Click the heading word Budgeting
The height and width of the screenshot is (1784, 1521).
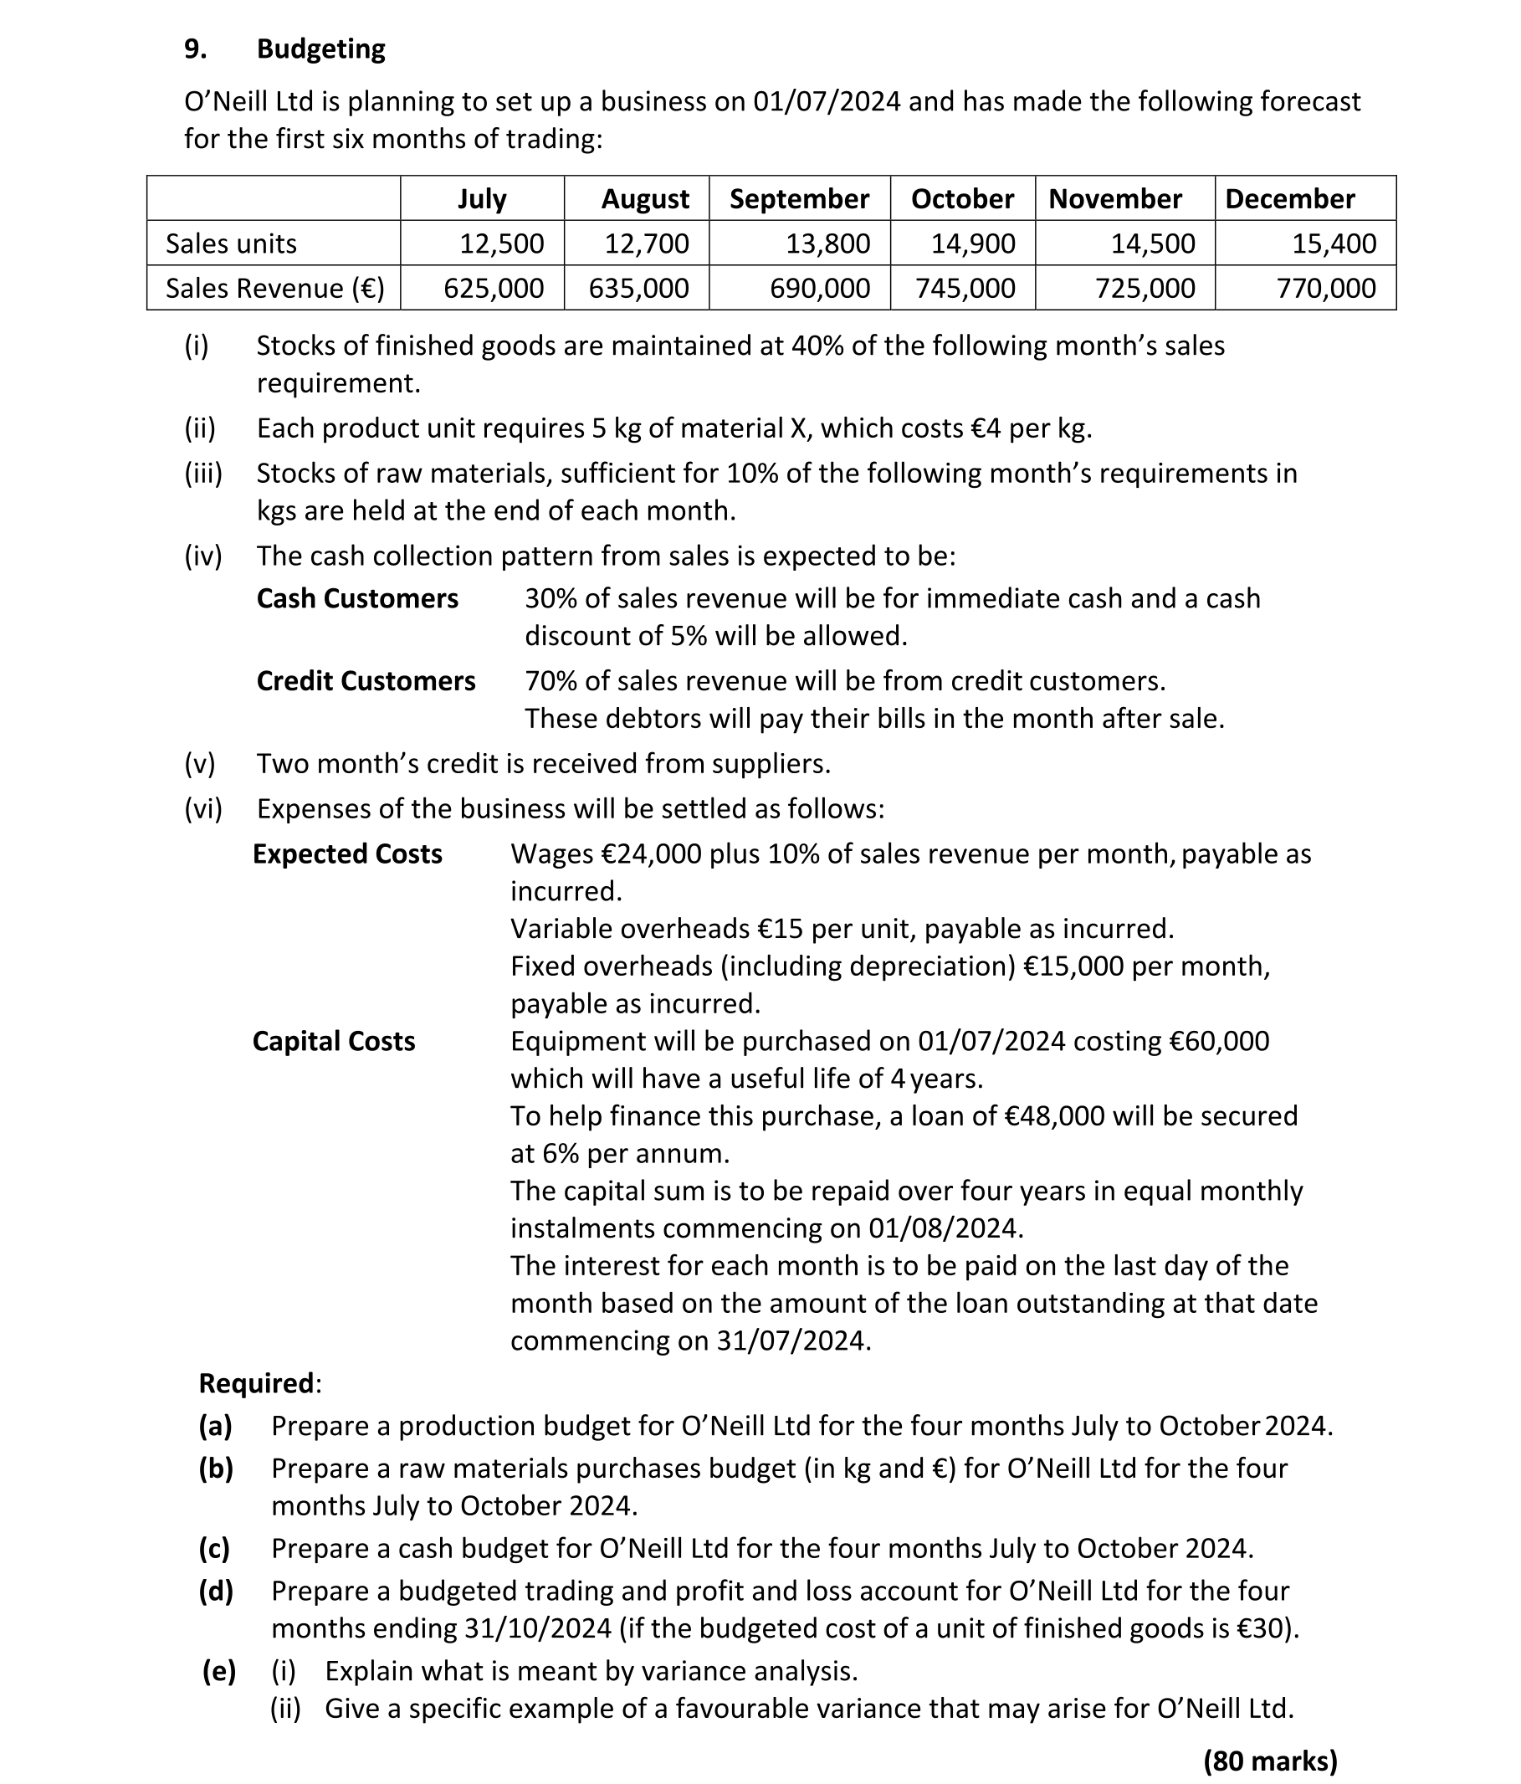coord(320,49)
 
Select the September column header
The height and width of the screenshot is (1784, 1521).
coord(799,199)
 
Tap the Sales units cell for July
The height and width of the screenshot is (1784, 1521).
coord(501,244)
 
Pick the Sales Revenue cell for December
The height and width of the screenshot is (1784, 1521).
coord(1325,289)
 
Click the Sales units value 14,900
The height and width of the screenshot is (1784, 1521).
coord(973,244)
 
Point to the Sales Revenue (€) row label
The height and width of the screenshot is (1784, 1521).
coord(274,289)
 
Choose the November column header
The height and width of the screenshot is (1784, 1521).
coord(1114,199)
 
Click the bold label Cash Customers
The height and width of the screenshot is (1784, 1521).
coord(357,598)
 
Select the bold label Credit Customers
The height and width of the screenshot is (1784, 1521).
coord(366,681)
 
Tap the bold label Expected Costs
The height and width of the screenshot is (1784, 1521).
coord(347,854)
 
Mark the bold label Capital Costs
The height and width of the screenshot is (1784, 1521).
coord(333,1042)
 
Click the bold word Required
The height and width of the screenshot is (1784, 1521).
coord(256,1384)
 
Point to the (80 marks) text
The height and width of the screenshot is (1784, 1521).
coord(1270,1761)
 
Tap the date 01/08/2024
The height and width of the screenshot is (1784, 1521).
coord(945,1228)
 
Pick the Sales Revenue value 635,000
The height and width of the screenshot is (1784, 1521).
coord(638,289)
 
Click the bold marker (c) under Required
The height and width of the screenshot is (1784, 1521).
coord(214,1549)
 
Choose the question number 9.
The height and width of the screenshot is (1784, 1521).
coord(196,49)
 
